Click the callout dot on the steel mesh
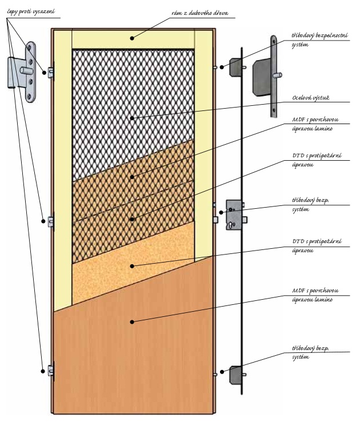132,118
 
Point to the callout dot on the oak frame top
132,38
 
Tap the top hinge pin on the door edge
51,71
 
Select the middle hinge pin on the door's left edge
51,220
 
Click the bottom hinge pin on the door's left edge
51,371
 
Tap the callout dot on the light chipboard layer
132,265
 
